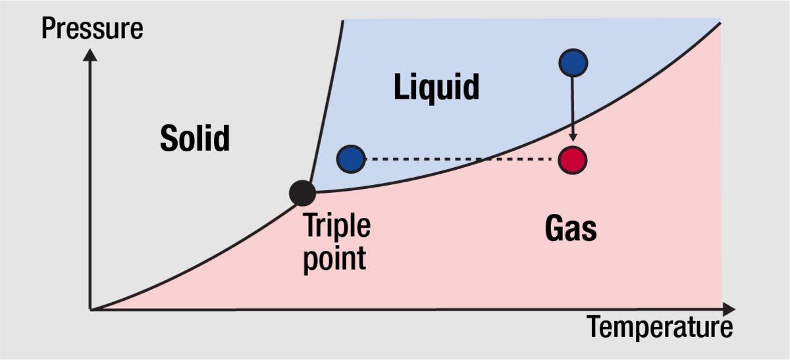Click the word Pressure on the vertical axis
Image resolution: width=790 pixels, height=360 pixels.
point(92,29)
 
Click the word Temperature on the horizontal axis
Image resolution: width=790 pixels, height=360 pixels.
point(659,327)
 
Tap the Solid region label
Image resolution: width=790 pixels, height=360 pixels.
point(195,139)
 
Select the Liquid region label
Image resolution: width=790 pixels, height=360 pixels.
point(436,87)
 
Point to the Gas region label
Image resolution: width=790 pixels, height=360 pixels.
point(571,228)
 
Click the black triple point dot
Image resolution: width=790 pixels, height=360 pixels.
point(302,192)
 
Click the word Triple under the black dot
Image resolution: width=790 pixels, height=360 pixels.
point(336,226)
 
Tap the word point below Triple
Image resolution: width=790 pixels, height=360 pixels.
point(334,258)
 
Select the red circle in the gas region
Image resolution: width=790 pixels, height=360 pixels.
point(572,160)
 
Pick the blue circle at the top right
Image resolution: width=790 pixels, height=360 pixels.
point(573,63)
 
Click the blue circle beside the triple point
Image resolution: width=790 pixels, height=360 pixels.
point(351,159)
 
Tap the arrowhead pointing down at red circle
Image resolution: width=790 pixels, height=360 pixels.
point(573,137)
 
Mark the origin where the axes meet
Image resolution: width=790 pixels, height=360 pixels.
point(91,309)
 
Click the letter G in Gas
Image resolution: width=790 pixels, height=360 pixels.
point(555,228)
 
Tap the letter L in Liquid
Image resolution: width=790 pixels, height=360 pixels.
point(400,87)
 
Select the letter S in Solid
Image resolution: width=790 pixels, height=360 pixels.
point(169,139)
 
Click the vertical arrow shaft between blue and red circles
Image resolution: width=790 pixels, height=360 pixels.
point(573,105)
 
